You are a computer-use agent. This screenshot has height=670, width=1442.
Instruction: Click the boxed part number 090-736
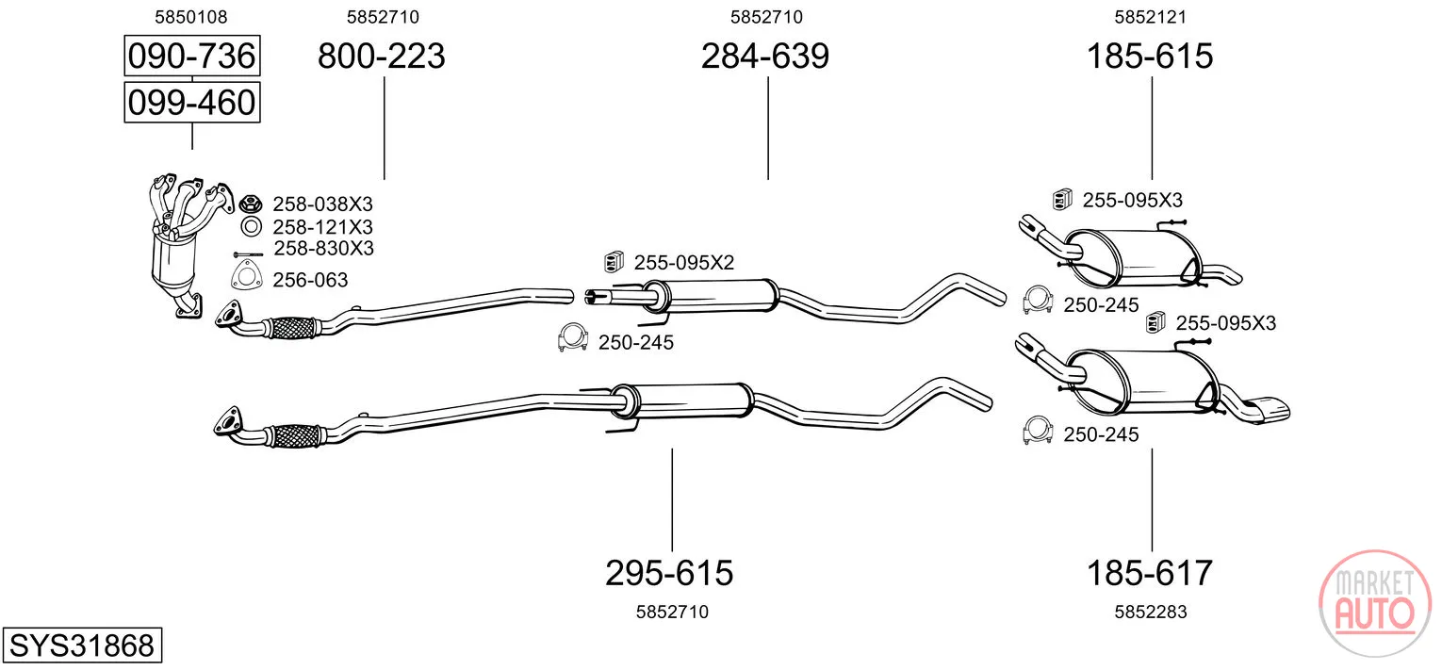[x=192, y=56]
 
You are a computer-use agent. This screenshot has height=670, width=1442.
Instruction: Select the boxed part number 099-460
[x=192, y=103]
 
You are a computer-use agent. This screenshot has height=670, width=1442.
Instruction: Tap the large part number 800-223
[x=381, y=56]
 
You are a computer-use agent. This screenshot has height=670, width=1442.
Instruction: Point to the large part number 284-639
[x=764, y=56]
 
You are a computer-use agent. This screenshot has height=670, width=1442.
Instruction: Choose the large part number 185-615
[x=1150, y=56]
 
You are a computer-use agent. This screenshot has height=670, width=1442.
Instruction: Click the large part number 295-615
[x=669, y=573]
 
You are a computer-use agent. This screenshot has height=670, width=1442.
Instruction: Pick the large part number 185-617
[x=1150, y=573]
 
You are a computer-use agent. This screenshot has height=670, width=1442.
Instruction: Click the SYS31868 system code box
[x=82, y=645]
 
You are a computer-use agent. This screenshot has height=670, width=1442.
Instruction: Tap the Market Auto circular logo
[x=1375, y=604]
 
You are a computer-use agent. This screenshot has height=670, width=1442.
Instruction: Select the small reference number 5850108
[x=191, y=17]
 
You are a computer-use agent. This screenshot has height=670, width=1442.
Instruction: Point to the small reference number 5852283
[x=1151, y=612]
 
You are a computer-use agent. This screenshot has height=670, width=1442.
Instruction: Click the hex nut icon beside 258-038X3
[x=250, y=204]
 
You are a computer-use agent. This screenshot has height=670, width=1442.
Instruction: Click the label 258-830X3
[x=324, y=249]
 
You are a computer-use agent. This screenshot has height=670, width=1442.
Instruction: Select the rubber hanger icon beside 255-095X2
[x=614, y=261]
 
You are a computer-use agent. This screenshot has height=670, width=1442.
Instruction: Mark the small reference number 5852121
[x=1151, y=17]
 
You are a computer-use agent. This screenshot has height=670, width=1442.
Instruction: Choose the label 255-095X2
[x=683, y=263]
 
